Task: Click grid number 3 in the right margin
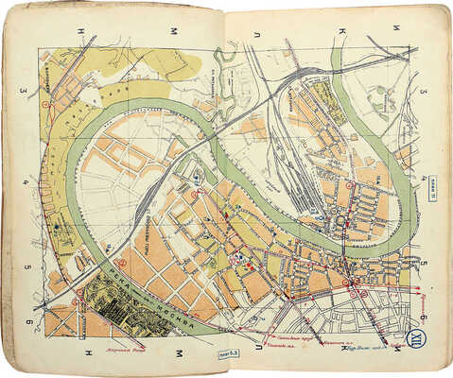pyautogui.click(x=426, y=92)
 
